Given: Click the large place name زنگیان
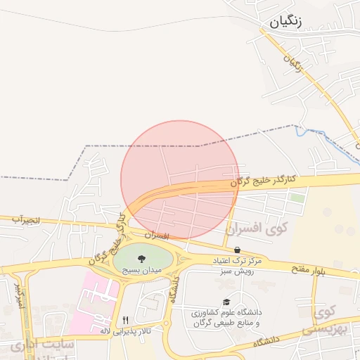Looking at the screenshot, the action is (285, 21).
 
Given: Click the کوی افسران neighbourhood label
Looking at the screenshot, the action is (257, 228).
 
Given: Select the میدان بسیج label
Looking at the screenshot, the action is (142, 269).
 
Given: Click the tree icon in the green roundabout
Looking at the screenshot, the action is (141, 258).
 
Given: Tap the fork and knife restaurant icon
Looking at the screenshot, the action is (125, 319).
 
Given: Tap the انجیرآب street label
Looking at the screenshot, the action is (27, 220).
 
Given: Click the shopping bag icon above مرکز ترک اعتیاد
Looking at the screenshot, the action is (237, 250).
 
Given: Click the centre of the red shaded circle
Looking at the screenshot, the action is (180, 179).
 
